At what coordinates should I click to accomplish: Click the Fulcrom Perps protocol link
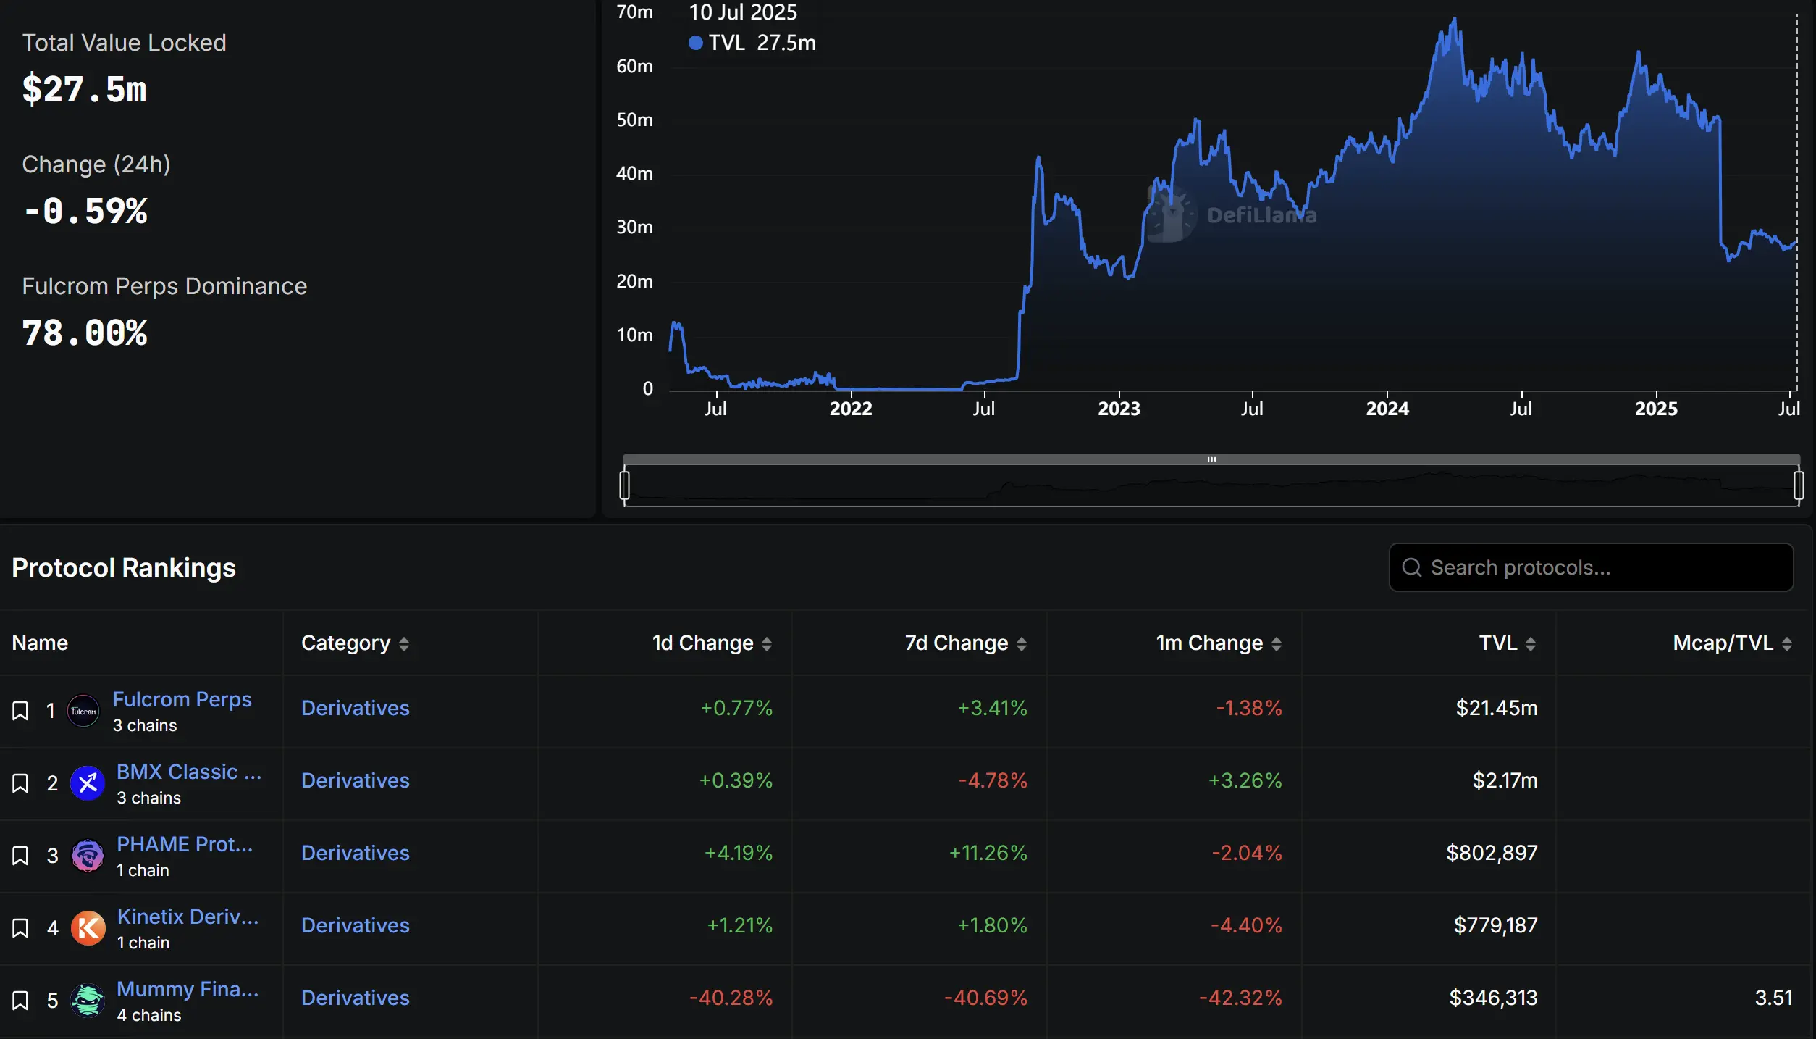click(182, 699)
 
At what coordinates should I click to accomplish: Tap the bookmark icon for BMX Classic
click(20, 783)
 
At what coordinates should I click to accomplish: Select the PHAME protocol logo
click(88, 856)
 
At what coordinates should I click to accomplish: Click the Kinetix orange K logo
click(88, 928)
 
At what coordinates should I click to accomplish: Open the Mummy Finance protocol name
click(188, 989)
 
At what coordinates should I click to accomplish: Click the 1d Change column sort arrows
click(767, 643)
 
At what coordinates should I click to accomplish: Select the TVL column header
click(1497, 643)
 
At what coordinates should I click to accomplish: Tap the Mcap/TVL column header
click(1723, 643)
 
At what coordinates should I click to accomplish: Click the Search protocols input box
click(1591, 567)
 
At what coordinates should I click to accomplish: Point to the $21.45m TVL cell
click(1496, 708)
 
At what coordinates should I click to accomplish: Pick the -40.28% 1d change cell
click(731, 998)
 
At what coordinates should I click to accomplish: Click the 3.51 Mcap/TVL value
click(1773, 998)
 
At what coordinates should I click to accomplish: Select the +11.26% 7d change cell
click(988, 853)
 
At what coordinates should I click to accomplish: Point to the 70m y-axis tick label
click(634, 12)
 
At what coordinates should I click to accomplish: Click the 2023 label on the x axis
click(1119, 409)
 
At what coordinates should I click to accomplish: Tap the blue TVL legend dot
click(696, 43)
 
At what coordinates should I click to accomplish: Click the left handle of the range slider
click(625, 485)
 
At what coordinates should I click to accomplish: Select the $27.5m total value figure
click(85, 90)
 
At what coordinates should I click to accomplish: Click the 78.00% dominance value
click(85, 333)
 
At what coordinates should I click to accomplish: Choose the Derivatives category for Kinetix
click(355, 925)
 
